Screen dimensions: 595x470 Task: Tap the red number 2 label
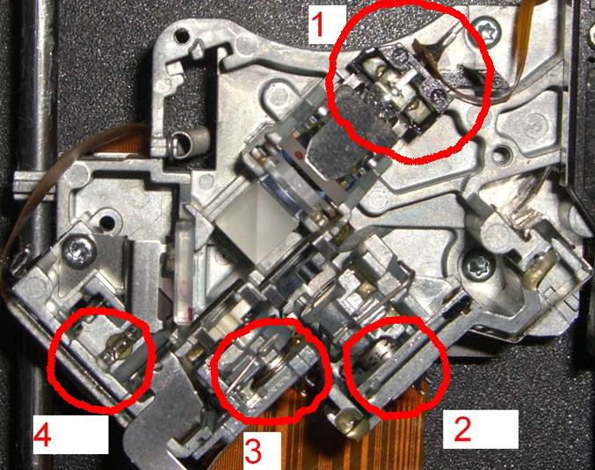pos(462,429)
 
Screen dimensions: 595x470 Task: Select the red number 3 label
pos(253,451)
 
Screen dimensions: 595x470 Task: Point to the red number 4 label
pos(42,435)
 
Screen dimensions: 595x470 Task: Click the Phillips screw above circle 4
pos(79,251)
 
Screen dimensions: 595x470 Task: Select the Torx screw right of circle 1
pos(488,28)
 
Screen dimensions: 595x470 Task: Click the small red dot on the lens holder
pos(298,155)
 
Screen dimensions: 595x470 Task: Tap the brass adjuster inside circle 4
pos(117,347)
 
